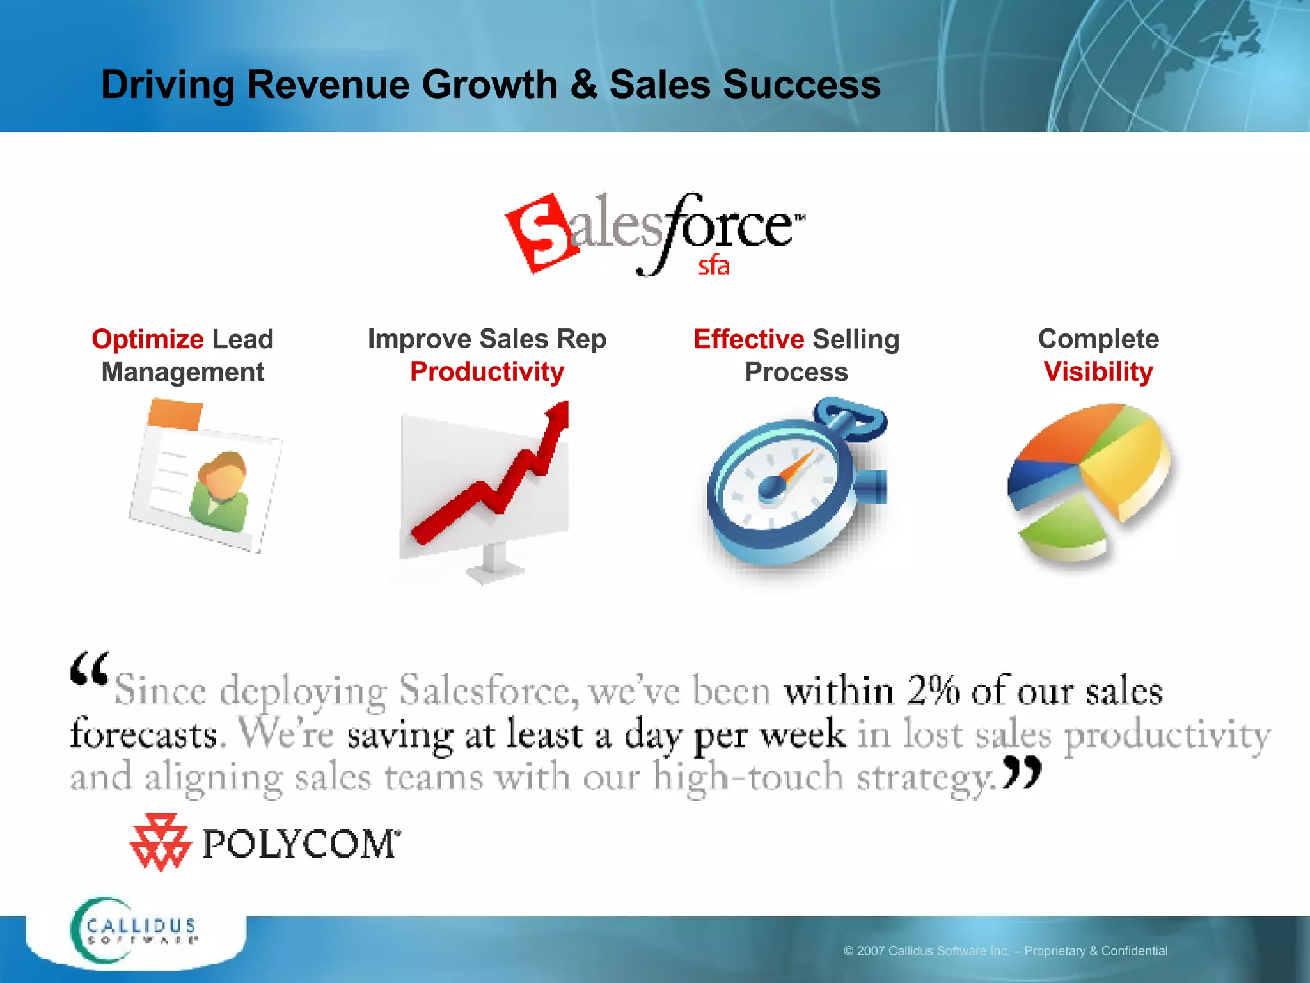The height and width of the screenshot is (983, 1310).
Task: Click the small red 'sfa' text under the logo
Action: (x=713, y=266)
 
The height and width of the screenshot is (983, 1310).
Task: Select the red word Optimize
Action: (x=147, y=339)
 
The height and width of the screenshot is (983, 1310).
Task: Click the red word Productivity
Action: (x=487, y=372)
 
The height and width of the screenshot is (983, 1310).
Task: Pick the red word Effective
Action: (x=748, y=339)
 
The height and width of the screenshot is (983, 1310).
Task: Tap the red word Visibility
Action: (x=1098, y=372)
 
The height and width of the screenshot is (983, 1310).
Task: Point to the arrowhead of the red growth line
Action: (x=558, y=413)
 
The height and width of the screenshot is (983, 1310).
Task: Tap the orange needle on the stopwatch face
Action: (x=796, y=468)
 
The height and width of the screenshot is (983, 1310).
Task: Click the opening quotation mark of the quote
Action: (x=89, y=669)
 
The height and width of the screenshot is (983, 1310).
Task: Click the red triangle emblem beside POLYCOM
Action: (x=159, y=842)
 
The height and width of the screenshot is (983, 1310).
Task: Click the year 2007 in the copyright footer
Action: (x=871, y=951)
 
